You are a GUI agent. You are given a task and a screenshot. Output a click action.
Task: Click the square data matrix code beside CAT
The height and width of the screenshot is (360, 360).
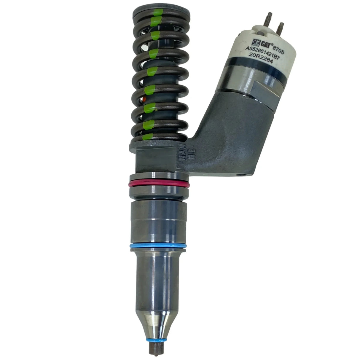click(255, 41)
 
